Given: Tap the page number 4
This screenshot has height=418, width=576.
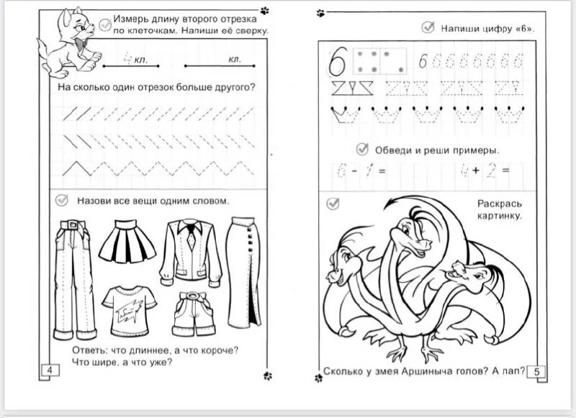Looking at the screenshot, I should [x=50, y=371].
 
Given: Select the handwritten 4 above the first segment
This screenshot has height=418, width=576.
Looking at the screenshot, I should [x=127, y=58].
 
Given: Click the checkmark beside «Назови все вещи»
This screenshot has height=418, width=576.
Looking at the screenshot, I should [x=62, y=201].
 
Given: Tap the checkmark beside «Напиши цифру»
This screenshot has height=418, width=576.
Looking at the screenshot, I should [x=427, y=28].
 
